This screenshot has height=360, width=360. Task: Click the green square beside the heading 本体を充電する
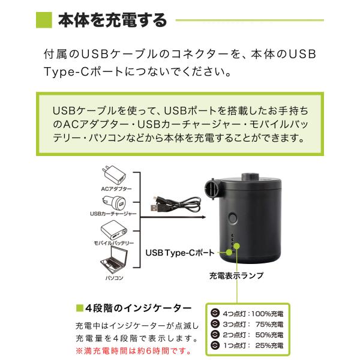click(x=44, y=20)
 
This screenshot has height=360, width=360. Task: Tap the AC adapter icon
click(x=114, y=175)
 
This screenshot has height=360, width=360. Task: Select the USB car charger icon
click(x=115, y=203)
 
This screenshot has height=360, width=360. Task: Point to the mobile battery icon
click(x=114, y=230)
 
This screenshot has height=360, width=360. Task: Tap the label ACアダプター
click(x=116, y=189)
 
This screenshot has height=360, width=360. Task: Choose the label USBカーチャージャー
click(x=113, y=214)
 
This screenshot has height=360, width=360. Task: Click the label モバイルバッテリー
click(x=113, y=243)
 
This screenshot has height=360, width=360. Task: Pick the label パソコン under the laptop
click(x=114, y=278)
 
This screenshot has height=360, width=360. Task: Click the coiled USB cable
click(x=176, y=204)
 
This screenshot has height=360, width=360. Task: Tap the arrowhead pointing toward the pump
click(x=203, y=217)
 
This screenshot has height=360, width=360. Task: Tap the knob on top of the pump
click(x=250, y=177)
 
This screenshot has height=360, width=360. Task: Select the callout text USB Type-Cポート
click(x=180, y=253)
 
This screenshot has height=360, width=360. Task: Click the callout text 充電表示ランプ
click(x=236, y=275)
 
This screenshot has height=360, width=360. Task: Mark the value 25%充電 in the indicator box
click(x=269, y=346)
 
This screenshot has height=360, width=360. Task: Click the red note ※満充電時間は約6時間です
click(x=134, y=351)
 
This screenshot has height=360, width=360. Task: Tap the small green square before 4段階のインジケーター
click(x=79, y=308)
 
